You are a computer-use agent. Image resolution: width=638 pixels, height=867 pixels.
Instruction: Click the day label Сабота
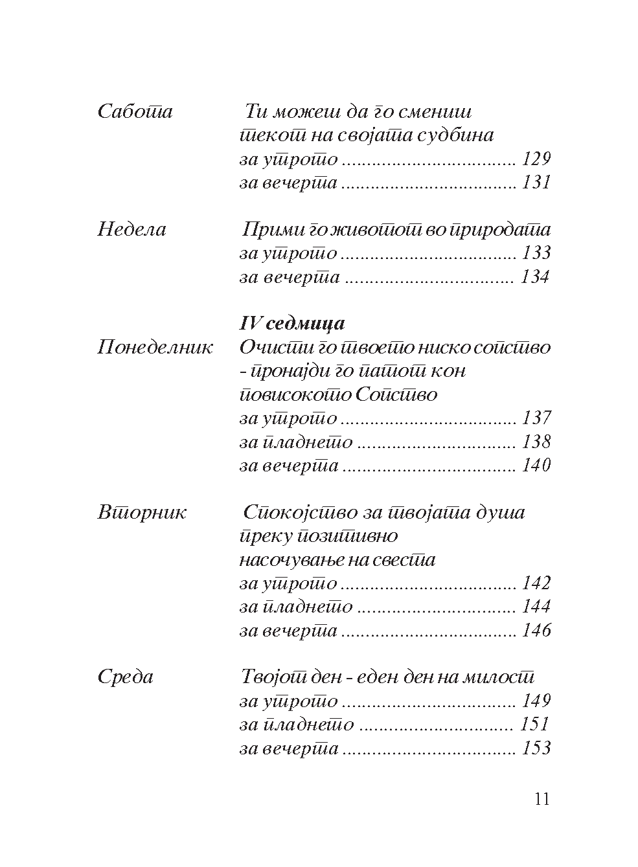(x=135, y=112)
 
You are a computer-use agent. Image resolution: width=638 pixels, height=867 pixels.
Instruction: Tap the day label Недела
(x=131, y=230)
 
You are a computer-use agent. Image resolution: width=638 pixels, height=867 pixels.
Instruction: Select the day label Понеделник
(x=155, y=348)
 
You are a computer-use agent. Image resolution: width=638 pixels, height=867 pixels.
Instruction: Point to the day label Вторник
(x=142, y=513)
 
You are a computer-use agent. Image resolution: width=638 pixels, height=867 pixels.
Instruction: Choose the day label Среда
(x=125, y=678)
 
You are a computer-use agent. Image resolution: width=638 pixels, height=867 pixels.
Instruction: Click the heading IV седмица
(x=292, y=324)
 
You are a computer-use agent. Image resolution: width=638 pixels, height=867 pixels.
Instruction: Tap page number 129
(x=536, y=159)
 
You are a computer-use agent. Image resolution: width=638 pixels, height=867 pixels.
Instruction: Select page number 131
(x=536, y=183)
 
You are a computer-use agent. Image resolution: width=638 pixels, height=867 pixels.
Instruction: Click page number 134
(x=535, y=278)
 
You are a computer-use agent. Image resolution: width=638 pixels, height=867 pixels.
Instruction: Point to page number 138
(x=536, y=443)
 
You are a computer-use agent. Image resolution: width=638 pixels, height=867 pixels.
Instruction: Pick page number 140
(x=536, y=466)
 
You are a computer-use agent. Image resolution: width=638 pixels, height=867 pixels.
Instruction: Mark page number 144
(x=536, y=607)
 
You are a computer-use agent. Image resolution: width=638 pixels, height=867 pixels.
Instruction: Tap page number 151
(x=534, y=725)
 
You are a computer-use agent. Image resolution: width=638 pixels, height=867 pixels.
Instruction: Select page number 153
(x=536, y=749)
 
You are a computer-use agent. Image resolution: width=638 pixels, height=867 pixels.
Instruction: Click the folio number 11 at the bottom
(x=542, y=800)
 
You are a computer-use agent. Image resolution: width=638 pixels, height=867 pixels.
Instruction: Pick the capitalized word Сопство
(x=396, y=395)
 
